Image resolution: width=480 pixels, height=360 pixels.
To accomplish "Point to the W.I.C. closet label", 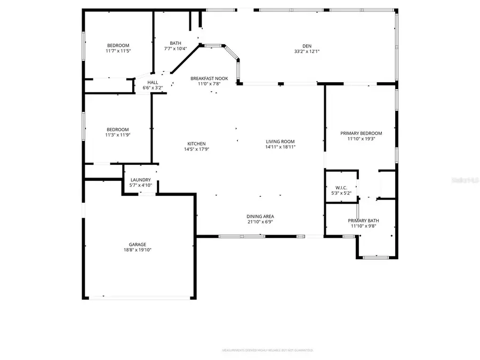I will tap(341, 187).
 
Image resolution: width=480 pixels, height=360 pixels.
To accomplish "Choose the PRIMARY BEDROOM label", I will tap(362, 133).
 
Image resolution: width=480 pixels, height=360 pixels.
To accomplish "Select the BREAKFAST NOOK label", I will tap(210, 78).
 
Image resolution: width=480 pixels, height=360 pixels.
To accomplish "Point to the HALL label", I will tap(152, 82).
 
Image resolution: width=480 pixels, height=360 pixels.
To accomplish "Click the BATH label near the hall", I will tap(175, 43).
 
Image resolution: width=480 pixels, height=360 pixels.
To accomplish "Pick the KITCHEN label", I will tap(196, 143).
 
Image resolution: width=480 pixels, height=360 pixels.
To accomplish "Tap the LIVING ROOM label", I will tap(281, 141).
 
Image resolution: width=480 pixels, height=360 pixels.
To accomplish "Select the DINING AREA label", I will tap(260, 216).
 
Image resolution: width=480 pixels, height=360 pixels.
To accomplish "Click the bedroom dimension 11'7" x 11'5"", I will tap(118, 51).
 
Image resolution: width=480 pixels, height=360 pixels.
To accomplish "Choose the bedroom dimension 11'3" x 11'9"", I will tap(118, 135).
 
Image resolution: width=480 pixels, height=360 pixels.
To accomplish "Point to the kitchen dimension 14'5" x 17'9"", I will tap(196, 149).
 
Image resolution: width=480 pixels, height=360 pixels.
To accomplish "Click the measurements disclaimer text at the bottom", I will tap(267, 350).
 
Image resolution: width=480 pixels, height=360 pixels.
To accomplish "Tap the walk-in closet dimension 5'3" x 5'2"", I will tap(341, 193).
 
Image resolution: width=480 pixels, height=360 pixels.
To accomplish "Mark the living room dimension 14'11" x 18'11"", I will tap(281, 147).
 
